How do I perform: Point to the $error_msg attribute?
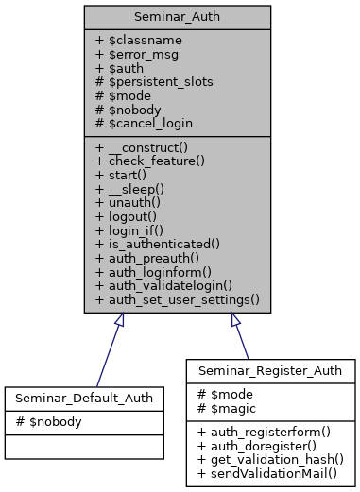coord(135,56)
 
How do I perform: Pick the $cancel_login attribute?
coord(143,122)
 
